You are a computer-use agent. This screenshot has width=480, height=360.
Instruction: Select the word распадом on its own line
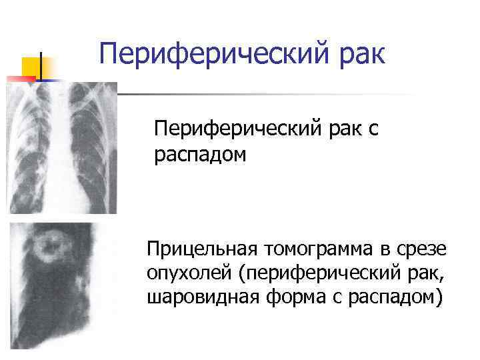point(199,155)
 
